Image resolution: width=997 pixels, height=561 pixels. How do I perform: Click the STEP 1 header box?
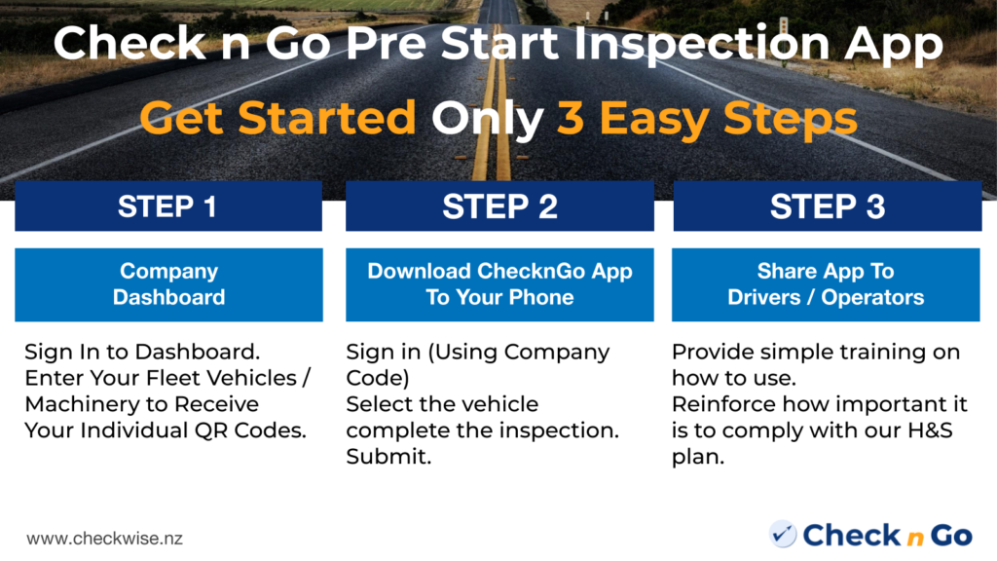click(167, 206)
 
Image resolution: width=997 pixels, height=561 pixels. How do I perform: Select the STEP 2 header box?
click(499, 206)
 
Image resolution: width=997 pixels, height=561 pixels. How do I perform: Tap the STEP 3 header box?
click(827, 206)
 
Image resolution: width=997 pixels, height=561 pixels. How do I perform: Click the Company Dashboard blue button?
click(168, 284)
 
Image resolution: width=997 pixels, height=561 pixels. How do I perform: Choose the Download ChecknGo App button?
click(499, 284)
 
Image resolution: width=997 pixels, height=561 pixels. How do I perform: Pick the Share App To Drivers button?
click(826, 284)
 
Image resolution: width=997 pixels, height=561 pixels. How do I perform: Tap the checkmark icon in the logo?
click(782, 535)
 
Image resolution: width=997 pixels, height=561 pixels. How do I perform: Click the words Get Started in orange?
click(277, 119)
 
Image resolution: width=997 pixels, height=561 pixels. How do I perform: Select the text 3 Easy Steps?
click(707, 119)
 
